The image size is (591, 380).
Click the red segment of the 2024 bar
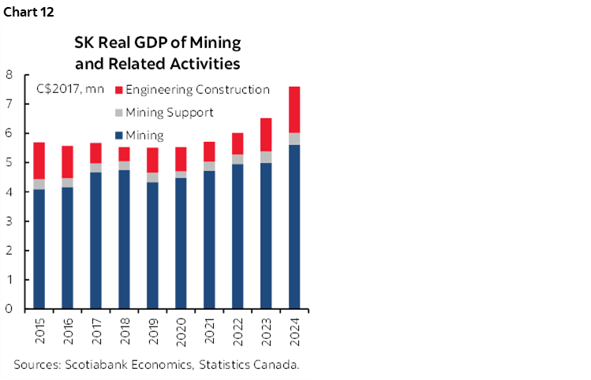click(x=294, y=110)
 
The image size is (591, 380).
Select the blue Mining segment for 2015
click(x=39, y=248)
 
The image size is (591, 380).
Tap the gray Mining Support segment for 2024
click(x=294, y=139)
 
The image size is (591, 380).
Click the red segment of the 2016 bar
click(x=67, y=162)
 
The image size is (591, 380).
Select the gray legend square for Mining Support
click(x=119, y=113)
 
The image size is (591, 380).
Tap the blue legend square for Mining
click(x=119, y=136)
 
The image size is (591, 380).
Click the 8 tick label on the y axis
click(x=9, y=76)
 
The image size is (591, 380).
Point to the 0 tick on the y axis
click(x=9, y=309)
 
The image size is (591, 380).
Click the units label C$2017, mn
click(x=70, y=89)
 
